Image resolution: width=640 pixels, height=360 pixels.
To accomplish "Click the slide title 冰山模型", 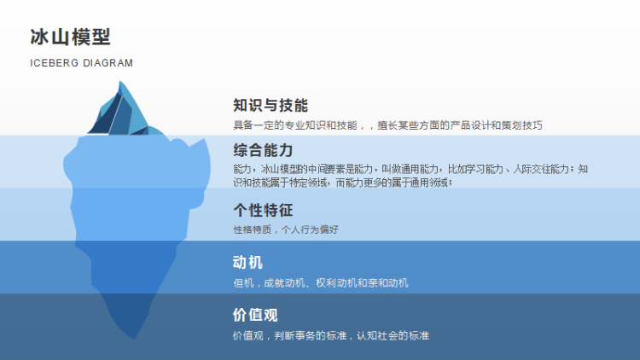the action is tap(70, 38).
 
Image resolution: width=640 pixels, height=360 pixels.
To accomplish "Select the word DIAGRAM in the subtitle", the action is tap(108, 63).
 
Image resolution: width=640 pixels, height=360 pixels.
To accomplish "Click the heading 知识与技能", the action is tap(271, 105).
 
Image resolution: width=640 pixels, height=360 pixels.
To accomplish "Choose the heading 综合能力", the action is tap(263, 150).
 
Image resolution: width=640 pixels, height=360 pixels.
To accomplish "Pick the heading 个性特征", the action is tap(263, 210).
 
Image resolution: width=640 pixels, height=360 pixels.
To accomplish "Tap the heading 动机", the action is tap(247, 263).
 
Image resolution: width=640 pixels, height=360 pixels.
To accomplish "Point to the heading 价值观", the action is tap(255, 315).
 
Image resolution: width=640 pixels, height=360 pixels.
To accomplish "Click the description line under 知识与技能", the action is tap(387, 125).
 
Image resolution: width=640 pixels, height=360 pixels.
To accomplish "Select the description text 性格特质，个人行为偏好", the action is tap(286, 229).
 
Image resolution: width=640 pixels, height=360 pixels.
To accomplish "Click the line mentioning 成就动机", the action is tap(320, 283).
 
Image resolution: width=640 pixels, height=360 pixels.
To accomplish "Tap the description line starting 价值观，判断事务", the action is tap(330, 335).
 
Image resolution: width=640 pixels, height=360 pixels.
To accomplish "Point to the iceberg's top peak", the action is tap(120, 82).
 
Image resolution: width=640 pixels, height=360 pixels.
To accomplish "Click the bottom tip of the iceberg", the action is tap(134, 338).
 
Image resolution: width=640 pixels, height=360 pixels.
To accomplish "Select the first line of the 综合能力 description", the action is tap(410, 169).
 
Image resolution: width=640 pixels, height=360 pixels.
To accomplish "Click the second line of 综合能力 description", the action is tap(343, 183).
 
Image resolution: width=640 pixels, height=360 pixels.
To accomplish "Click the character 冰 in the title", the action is tap(39, 38).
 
